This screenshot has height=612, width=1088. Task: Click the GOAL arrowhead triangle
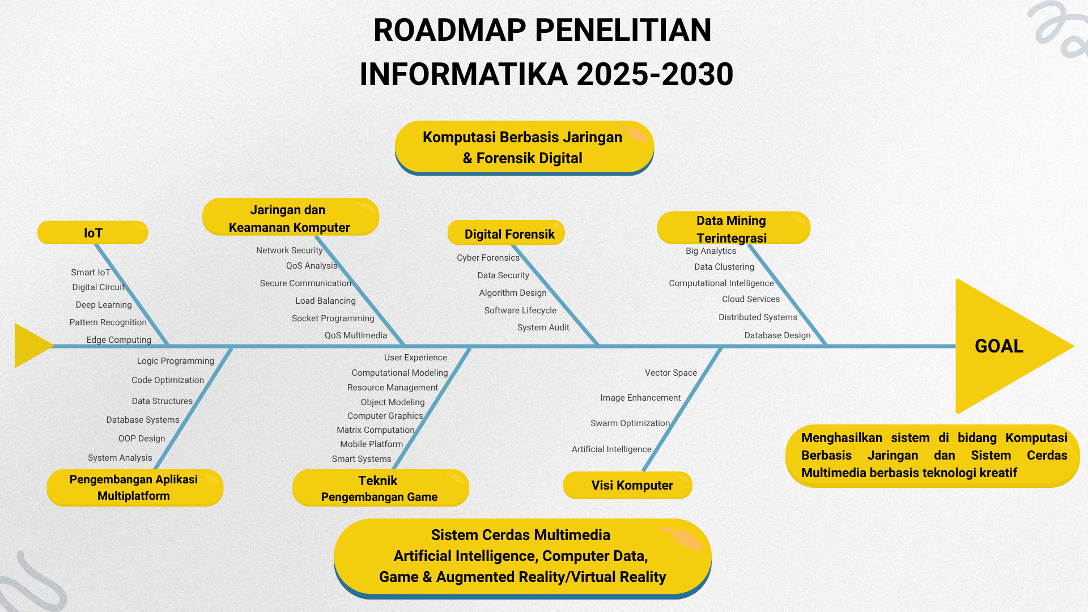1003,346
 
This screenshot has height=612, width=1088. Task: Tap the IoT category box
93,233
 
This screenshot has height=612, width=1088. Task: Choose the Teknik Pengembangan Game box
380,488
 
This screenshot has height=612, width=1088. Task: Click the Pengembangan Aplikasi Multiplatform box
135,487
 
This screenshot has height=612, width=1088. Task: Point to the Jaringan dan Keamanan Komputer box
290,218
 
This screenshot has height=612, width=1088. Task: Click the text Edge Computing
119,340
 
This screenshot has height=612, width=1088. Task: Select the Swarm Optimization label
630,423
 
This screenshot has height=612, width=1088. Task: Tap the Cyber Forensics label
488,258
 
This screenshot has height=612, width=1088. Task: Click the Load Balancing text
325,301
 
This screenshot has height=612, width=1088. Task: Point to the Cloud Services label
751,299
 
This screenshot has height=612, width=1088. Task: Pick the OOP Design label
142,439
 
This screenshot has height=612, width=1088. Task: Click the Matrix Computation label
376,430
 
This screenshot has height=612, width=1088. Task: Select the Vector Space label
671,373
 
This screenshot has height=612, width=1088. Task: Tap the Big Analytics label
711,251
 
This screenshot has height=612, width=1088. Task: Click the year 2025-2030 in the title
654,74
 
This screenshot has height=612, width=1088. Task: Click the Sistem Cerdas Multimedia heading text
521,535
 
